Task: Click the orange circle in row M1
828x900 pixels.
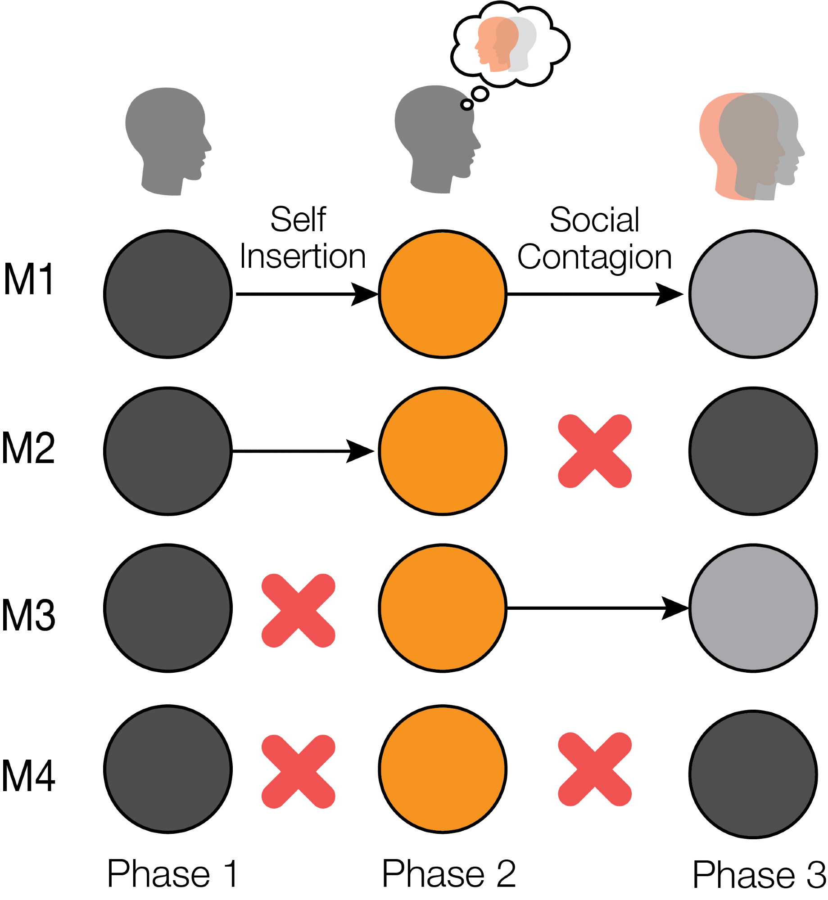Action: [443, 294]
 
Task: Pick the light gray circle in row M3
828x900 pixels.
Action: [753, 608]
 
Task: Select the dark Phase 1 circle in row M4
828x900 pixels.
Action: [168, 769]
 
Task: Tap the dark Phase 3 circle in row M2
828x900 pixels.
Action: [753, 451]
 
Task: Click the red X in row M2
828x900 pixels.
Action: [595, 451]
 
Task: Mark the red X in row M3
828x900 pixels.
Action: [299, 611]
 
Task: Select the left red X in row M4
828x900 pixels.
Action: [299, 771]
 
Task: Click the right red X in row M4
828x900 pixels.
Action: [595, 769]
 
